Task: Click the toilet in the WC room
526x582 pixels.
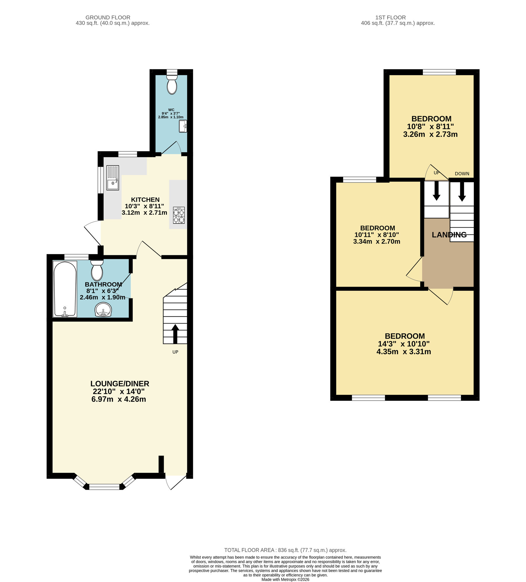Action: point(172,85)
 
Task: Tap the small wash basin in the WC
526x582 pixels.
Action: point(183,126)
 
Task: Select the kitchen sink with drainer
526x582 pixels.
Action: point(113,178)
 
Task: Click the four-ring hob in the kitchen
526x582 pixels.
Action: point(179,215)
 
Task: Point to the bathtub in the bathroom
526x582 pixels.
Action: point(65,289)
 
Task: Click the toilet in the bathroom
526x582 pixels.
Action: point(97,270)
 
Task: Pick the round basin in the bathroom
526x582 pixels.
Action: point(103,310)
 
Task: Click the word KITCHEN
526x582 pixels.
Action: point(145,200)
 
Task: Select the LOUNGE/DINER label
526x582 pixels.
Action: point(120,384)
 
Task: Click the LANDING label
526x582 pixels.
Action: point(449,235)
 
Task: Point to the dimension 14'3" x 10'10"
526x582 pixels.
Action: point(404,344)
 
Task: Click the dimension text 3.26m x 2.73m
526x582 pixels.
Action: point(430,134)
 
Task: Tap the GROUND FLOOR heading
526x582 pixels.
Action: point(108,17)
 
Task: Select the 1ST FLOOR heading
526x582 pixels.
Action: point(390,17)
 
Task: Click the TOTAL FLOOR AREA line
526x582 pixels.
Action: point(285,550)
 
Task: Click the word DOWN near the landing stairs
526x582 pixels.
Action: point(462,174)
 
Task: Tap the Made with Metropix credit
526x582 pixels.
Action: point(285,579)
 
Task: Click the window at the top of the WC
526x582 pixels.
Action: point(172,72)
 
